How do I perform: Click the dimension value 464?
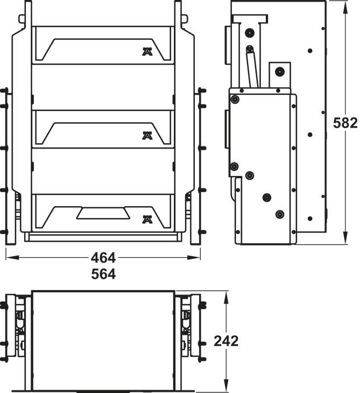click(x=103, y=258)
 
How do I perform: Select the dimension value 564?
click(x=103, y=274)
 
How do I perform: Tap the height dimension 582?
click(x=345, y=123)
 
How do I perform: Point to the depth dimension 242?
click(x=226, y=341)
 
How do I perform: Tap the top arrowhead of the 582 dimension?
click(x=345, y=7)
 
